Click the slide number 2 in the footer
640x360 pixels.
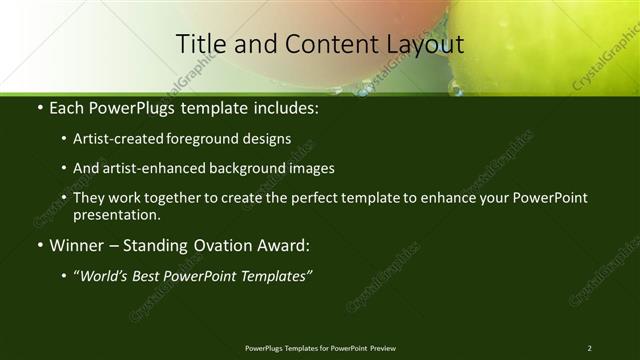[x=589, y=348]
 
